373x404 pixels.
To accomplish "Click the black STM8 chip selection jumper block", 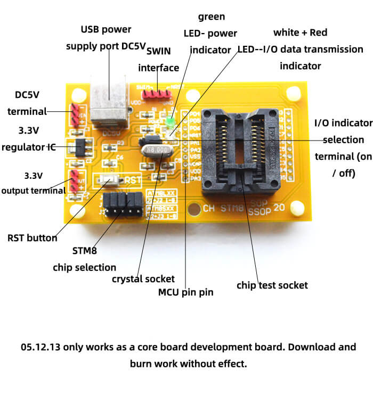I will click(x=124, y=204).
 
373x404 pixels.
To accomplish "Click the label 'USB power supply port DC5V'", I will click(x=106, y=37).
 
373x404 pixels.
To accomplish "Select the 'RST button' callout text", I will click(x=33, y=238).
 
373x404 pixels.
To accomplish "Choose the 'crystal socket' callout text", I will click(x=143, y=278).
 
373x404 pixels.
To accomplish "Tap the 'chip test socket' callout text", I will click(x=272, y=285).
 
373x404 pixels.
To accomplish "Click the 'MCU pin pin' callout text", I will click(x=185, y=292).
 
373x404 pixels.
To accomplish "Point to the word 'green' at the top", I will click(x=212, y=17).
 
